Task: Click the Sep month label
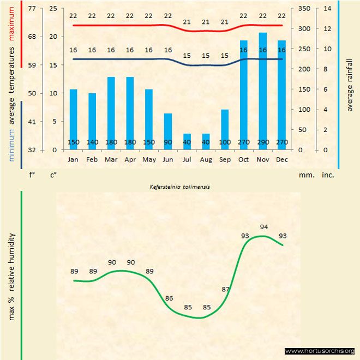click(225, 160)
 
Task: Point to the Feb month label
click(92, 160)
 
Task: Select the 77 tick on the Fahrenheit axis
click(32, 9)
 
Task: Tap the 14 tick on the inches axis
click(328, 9)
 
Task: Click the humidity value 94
click(264, 227)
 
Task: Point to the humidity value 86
click(169, 298)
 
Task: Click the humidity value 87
click(226, 289)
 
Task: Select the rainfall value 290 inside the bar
click(263, 142)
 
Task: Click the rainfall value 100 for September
click(225, 142)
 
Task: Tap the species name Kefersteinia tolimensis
click(180, 187)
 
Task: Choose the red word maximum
click(11, 22)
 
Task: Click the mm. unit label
click(305, 176)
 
